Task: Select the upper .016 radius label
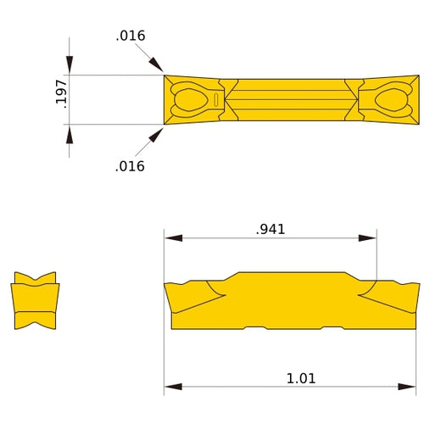pos(131,36)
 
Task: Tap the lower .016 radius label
pos(130,166)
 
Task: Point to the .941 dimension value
pos(270,229)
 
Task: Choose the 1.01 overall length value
pos(300,378)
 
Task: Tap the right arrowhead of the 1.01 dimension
pos(410,388)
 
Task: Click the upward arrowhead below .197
pos(70,132)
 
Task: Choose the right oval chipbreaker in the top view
pos(390,100)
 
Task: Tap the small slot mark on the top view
pos(217,100)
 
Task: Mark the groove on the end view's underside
pos(35,323)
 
